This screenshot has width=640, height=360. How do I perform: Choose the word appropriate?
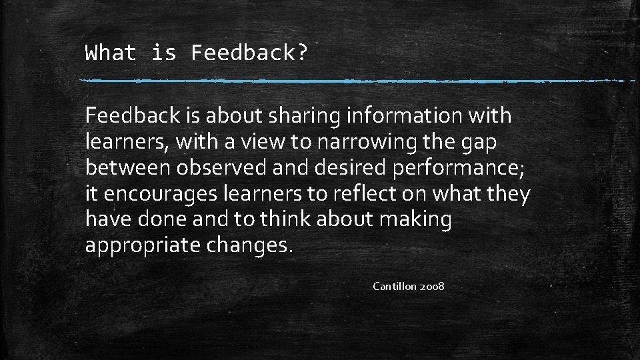coord(143,246)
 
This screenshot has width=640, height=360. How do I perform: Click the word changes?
coord(249,246)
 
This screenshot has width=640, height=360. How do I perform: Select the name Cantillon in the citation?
coord(394,287)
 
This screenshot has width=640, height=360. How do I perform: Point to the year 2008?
coord(432,287)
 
